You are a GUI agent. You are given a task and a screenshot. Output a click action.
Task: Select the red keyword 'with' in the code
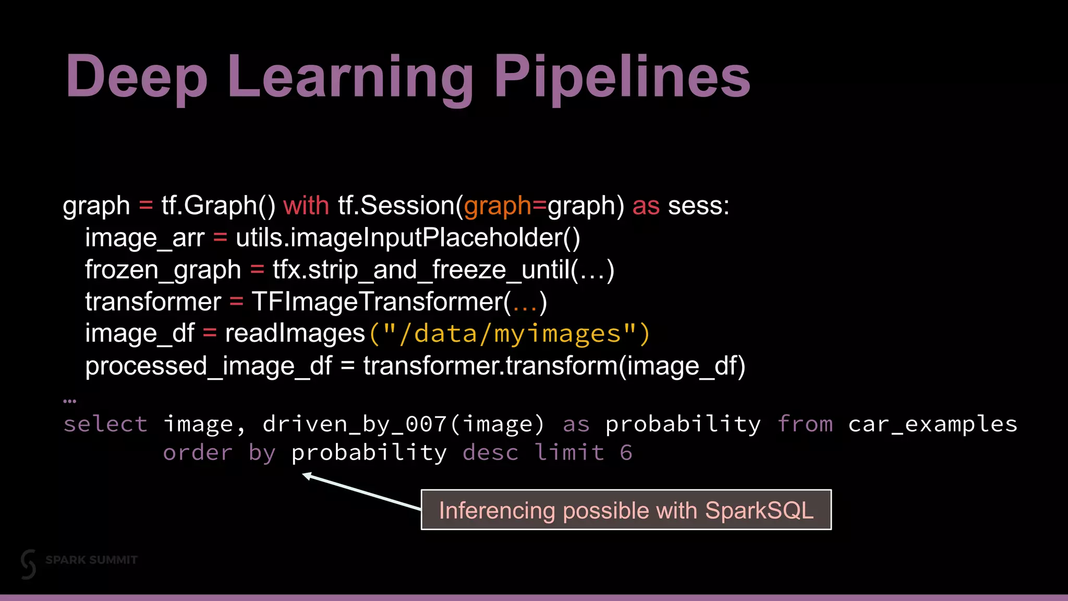(306, 206)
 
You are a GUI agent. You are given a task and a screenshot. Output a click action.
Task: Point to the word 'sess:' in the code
(698, 206)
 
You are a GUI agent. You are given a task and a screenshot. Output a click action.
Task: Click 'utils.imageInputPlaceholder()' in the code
(408, 238)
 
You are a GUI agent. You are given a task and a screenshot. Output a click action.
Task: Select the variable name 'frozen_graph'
(163, 270)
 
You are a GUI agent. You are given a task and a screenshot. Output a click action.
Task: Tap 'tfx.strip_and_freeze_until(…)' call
(443, 270)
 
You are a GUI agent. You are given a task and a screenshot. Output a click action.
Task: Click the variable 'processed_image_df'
(208, 366)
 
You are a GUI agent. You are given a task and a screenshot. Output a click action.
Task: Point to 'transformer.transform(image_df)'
(554, 366)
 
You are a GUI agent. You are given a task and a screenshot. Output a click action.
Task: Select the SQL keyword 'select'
(105, 424)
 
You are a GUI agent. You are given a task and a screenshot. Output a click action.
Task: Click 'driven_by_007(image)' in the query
(403, 424)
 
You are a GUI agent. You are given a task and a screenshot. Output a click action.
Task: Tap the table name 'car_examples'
(932, 424)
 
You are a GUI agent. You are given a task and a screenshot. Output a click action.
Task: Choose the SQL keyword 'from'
(805, 424)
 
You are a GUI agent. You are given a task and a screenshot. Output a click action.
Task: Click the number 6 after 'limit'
(626, 452)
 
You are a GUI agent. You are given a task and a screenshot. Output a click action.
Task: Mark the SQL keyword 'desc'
(490, 452)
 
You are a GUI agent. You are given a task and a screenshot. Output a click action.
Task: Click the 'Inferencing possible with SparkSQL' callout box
(626, 510)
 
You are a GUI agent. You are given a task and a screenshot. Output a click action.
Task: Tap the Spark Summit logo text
(91, 560)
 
